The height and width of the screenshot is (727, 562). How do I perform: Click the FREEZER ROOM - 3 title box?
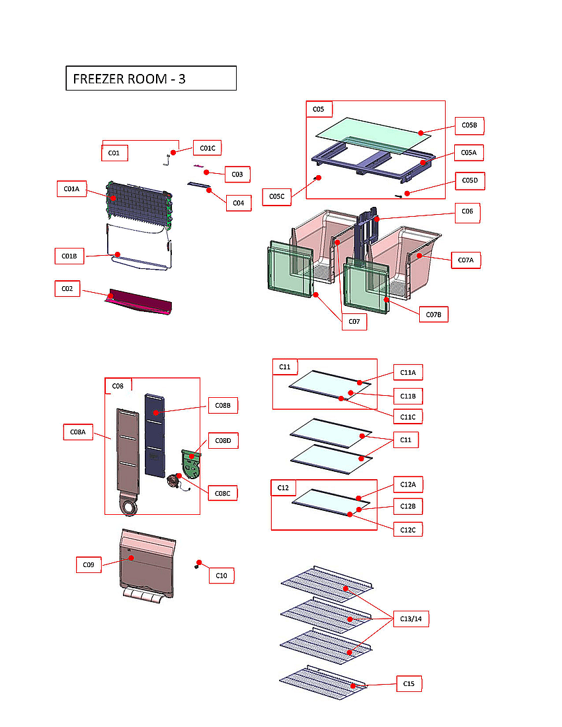click(x=151, y=78)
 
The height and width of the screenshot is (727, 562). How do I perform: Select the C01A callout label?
click(x=71, y=189)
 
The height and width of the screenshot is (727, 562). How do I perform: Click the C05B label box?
click(x=469, y=125)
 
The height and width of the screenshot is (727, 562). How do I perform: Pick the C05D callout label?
click(x=469, y=180)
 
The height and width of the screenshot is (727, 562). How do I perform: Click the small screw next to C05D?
click(x=399, y=195)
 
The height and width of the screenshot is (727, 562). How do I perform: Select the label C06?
click(x=467, y=212)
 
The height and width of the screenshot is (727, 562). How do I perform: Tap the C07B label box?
click(x=434, y=314)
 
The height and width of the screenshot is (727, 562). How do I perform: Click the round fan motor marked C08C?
click(x=176, y=480)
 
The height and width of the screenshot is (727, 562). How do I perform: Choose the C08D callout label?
click(x=223, y=441)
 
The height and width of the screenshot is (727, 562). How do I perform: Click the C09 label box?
click(x=88, y=565)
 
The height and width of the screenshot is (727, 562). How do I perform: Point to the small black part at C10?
click(x=197, y=565)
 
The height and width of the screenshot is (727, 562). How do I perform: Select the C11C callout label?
click(x=408, y=417)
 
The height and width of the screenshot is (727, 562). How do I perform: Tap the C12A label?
click(x=408, y=484)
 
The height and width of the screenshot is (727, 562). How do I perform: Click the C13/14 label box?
click(x=411, y=619)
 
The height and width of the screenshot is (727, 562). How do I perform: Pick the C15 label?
click(x=409, y=684)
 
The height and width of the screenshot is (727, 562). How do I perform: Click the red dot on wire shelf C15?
click(x=354, y=686)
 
